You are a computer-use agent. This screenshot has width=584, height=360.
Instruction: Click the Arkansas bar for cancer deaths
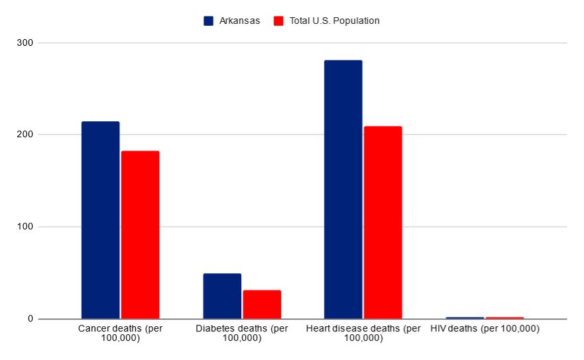click(x=100, y=220)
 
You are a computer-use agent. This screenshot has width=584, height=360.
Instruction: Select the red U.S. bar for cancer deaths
click(x=140, y=235)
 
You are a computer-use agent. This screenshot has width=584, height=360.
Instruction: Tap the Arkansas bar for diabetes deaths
click(x=222, y=296)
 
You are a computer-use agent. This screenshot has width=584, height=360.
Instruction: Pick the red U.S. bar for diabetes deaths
click(x=262, y=304)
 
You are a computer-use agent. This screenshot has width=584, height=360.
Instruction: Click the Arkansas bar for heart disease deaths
click(x=343, y=190)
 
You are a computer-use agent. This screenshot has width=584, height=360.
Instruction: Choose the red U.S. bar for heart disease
click(x=382, y=222)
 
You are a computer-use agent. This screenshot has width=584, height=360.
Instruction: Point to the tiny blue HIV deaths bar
click(x=465, y=318)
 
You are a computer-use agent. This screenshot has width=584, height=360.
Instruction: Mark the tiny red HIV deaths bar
click(x=504, y=318)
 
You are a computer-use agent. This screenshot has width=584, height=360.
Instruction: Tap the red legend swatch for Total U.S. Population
click(x=278, y=21)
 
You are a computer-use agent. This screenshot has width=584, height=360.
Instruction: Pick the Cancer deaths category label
click(x=120, y=333)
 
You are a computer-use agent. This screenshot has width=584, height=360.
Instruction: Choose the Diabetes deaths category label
click(x=242, y=333)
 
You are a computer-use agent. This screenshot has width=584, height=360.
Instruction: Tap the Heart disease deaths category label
click(x=363, y=333)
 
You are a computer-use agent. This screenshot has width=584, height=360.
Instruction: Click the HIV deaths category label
click(x=485, y=329)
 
